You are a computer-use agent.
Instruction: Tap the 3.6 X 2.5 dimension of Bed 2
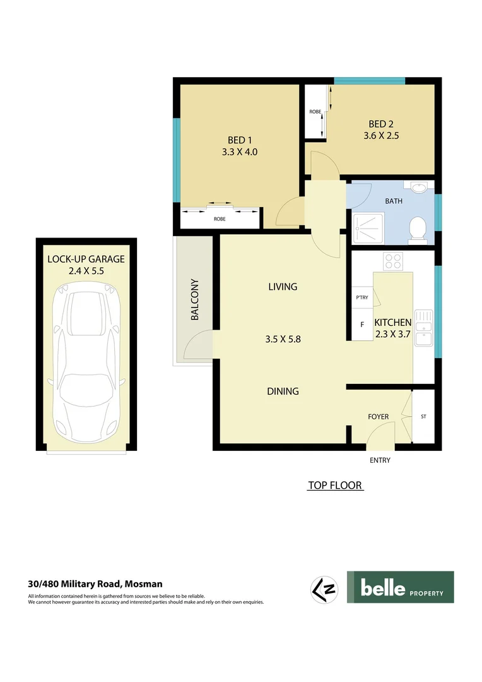click(382, 135)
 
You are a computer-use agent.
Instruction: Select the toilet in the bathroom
click(417, 230)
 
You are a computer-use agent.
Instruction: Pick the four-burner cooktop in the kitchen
click(394, 260)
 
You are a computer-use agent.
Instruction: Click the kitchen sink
click(423, 328)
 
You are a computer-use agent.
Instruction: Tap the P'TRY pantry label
click(362, 298)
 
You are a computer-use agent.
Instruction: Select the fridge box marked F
click(362, 325)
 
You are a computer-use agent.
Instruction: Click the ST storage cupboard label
click(423, 417)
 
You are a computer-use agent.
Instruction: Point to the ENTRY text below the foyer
click(380, 460)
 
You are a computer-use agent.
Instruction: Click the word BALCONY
click(195, 299)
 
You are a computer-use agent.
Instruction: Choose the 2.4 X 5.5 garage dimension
click(86, 270)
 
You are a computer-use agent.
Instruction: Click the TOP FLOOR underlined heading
click(335, 486)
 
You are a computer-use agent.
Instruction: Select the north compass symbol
click(325, 589)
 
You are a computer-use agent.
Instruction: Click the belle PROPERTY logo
click(400, 587)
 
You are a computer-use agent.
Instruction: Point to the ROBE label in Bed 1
click(220, 218)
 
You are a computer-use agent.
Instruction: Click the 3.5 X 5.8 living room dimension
click(283, 339)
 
